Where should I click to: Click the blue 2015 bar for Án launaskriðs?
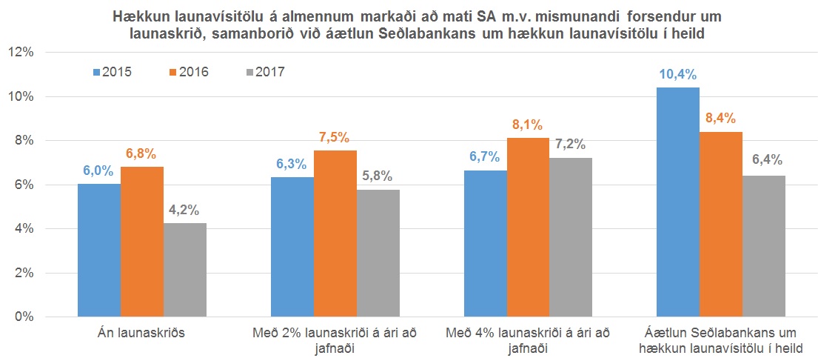click(x=98, y=251)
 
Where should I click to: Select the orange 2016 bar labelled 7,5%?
click(x=335, y=234)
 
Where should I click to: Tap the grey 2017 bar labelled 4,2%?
click(x=185, y=270)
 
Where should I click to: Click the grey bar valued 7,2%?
click(x=571, y=237)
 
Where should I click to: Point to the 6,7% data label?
click(x=485, y=157)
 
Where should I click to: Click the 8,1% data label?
click(x=529, y=125)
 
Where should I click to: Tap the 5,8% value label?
click(x=378, y=176)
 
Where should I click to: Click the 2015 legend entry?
click(x=112, y=72)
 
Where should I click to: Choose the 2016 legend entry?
click(x=189, y=72)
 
